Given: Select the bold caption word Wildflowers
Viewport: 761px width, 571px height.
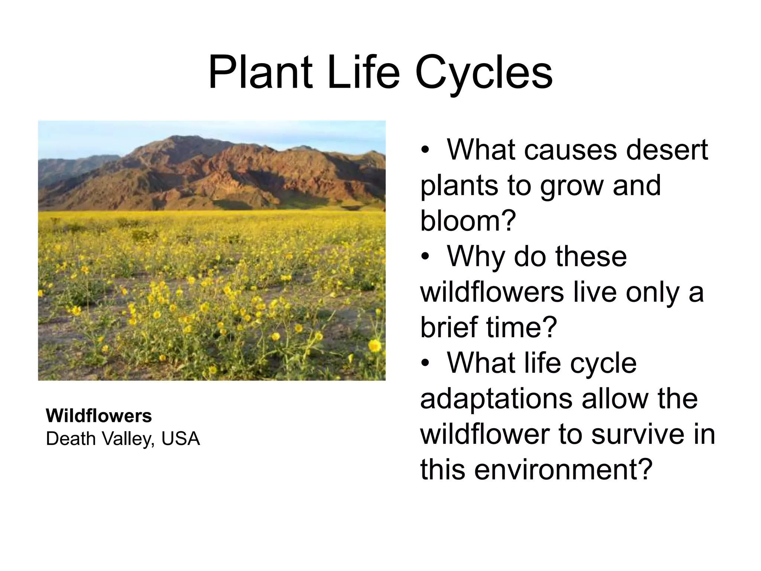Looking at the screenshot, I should (x=99, y=416).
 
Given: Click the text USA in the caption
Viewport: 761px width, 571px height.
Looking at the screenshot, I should (x=181, y=439).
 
